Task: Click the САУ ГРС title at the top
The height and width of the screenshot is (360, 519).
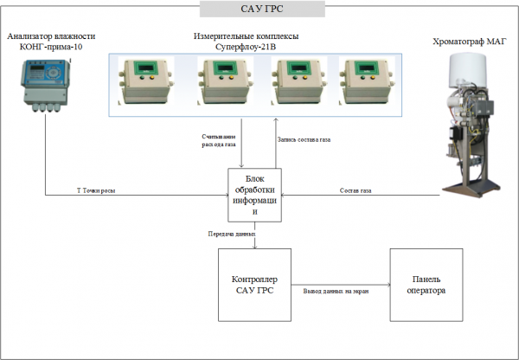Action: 262,9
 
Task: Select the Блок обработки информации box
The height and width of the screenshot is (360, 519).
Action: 255,195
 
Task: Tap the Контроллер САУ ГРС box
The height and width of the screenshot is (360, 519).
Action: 254,285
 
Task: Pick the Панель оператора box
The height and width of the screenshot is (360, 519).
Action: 426,285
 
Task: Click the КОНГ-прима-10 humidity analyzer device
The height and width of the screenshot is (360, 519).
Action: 46,86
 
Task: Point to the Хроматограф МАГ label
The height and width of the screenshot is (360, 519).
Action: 470,42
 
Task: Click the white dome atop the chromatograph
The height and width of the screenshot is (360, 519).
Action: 467,71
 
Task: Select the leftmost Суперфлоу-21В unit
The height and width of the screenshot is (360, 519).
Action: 146,80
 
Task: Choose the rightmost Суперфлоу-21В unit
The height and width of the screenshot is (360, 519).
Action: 367,80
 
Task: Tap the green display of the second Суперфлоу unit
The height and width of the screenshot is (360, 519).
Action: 226,68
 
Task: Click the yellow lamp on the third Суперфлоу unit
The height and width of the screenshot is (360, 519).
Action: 305,78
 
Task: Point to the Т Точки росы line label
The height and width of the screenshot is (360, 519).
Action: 96,190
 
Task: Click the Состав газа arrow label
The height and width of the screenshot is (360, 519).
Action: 356,190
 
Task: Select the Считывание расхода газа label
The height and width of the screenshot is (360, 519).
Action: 219,140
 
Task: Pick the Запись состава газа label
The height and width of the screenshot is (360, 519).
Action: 304,140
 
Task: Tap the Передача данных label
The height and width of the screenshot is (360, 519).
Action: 232,235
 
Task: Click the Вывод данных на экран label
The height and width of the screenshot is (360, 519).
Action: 336,292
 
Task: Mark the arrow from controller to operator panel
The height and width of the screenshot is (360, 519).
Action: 341,285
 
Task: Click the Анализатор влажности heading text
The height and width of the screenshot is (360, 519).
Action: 51,36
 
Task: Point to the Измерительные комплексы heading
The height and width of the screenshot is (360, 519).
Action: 246,36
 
